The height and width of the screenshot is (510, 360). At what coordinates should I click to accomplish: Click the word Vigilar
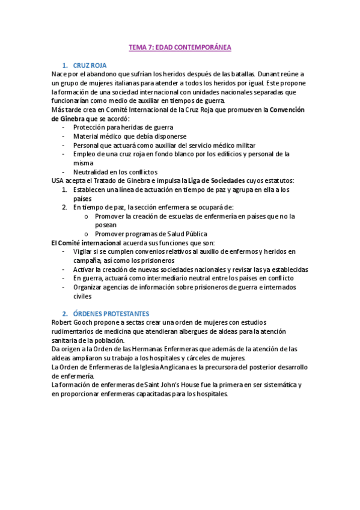coord(84,251)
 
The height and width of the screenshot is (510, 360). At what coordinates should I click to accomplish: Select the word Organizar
coord(89,287)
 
